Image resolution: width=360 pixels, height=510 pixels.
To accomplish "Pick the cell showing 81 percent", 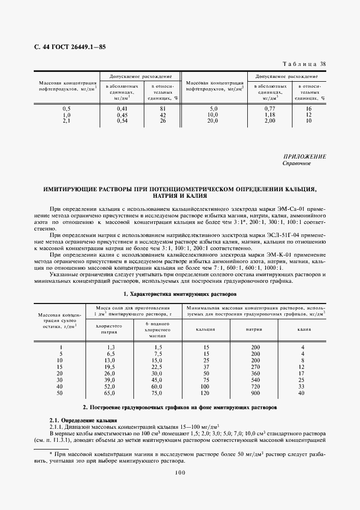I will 162,109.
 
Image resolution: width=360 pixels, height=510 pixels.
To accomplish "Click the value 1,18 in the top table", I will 269,115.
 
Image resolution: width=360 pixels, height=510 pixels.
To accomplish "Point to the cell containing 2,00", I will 269,121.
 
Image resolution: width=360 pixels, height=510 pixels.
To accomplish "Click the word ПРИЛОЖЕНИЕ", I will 304,156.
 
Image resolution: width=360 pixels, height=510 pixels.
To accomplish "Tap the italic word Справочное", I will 297,163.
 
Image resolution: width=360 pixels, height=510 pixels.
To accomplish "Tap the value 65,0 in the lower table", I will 110,393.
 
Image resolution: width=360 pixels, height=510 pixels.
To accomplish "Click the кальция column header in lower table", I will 206,329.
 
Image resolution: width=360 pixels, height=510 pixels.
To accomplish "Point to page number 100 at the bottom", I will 180,473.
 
